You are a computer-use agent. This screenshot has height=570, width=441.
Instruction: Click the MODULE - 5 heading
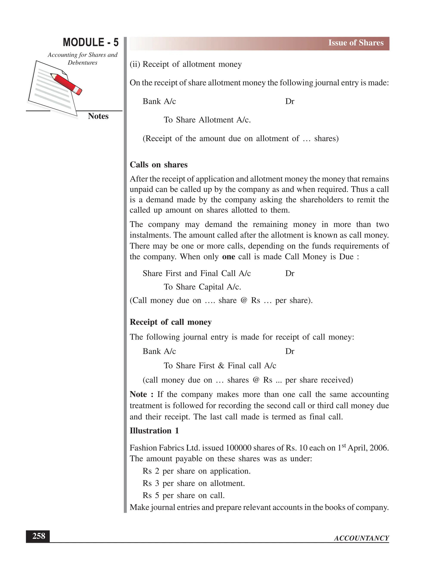91,42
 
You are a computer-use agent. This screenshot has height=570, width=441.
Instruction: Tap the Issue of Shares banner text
356,43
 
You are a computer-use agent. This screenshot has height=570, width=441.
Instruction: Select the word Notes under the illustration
98,116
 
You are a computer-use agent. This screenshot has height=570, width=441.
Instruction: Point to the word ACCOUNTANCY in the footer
361,538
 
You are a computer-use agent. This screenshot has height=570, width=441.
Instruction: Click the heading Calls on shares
158,165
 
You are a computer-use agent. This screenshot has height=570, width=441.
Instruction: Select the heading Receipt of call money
171,322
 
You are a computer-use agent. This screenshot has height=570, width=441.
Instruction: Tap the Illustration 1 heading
154,431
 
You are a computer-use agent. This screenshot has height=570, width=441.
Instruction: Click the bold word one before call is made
228,257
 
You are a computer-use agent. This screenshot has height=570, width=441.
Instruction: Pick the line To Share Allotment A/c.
207,120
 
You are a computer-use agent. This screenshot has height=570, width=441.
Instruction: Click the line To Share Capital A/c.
202,287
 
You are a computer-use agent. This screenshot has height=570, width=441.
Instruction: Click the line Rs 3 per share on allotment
194,483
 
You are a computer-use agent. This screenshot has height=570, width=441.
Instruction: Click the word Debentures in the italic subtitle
82,63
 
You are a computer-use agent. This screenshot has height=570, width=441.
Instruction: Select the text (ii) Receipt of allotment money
185,64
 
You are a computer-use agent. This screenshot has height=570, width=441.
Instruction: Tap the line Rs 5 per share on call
183,495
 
